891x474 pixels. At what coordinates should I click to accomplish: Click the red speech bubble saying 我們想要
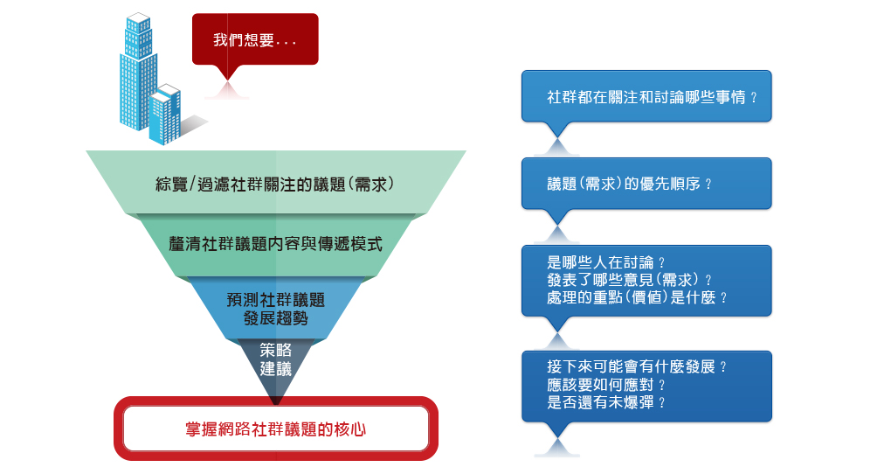[255, 40]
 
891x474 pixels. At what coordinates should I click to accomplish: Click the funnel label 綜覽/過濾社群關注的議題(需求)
[275, 184]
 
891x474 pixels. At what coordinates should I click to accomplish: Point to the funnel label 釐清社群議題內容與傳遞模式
[275, 244]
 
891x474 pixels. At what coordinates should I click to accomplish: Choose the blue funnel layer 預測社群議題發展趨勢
[275, 308]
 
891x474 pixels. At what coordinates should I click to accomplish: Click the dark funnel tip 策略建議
[275, 359]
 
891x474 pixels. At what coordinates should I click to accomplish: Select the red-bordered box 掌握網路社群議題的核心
[275, 429]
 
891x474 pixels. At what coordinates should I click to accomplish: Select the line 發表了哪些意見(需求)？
[630, 280]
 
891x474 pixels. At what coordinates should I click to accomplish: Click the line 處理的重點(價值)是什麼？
[638, 297]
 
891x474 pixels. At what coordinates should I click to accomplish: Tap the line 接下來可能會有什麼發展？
[638, 367]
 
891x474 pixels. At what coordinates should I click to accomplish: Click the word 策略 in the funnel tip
[275, 350]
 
